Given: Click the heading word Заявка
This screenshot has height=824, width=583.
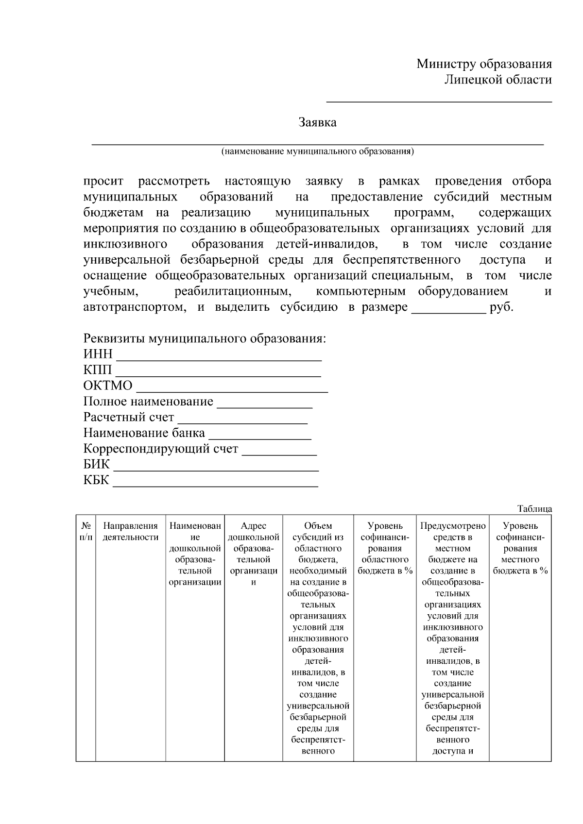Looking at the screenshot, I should coord(317,122).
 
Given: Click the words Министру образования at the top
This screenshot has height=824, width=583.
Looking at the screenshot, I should coord(484,64).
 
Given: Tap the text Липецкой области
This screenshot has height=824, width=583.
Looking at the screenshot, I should coord(498,80).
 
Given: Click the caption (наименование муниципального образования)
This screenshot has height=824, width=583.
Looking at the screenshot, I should coord(317,151).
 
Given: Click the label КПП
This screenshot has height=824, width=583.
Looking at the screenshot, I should coord(97,370).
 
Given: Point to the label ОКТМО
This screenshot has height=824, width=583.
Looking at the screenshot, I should coord(107,386).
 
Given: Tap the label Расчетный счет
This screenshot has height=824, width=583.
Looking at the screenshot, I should coord(128,417).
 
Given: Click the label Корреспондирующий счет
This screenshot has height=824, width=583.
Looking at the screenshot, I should coord(161,449).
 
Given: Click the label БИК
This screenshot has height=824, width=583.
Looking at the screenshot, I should coord(96,464).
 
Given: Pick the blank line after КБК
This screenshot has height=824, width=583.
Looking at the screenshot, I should coord(216,485).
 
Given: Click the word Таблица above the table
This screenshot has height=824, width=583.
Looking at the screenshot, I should coord(534,509).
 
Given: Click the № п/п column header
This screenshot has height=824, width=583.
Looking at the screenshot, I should coord(86,531).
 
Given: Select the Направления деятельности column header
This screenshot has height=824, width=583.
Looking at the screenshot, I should coord(131,531).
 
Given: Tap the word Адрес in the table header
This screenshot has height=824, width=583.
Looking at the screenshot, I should coord(253,526).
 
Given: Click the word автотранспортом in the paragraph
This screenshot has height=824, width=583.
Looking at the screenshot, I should coord(134,307).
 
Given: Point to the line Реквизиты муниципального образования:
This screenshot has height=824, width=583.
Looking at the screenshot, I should coord(204,338).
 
